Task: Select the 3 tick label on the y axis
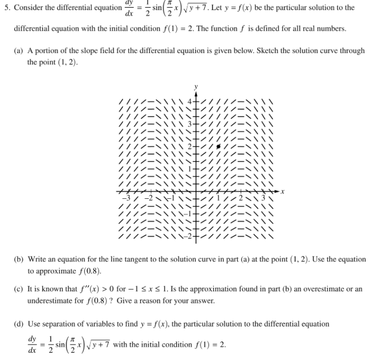click(x=189, y=124)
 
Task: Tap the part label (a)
click(x=19, y=51)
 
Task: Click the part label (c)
click(x=19, y=289)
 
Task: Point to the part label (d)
click(x=19, y=324)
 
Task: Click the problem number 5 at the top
click(x=6, y=8)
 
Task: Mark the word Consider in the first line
click(x=29, y=8)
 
